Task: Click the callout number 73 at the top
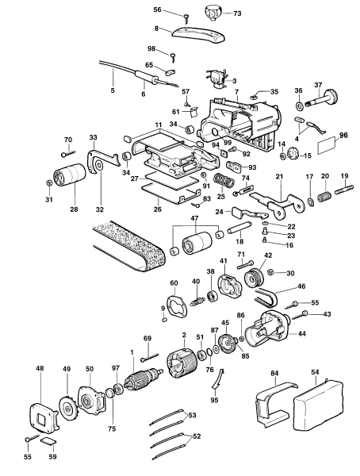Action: (x=237, y=14)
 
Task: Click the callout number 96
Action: (x=343, y=135)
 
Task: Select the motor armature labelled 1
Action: (x=143, y=381)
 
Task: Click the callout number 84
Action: (x=275, y=372)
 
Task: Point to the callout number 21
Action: (x=279, y=175)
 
